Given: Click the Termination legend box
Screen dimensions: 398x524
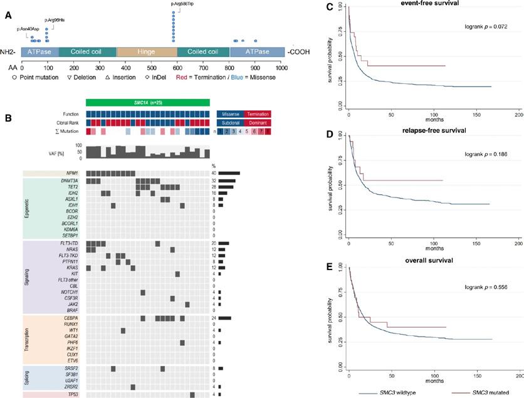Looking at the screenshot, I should (x=257, y=114).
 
